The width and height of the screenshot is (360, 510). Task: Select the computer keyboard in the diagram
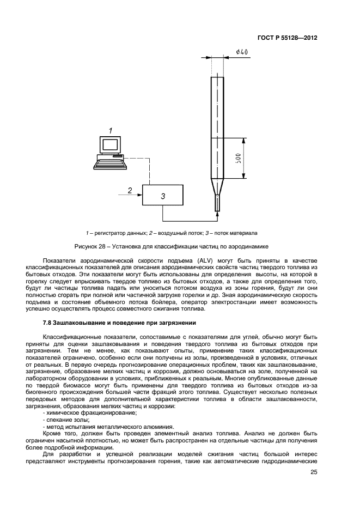tap(109, 159)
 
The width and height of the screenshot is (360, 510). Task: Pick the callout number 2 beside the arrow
tap(130, 190)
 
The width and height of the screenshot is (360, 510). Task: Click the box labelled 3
tap(162, 195)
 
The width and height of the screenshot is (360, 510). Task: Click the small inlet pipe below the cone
tap(217, 204)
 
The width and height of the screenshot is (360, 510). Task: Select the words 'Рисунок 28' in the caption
tap(91, 246)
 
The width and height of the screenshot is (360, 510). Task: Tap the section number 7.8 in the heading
tap(47, 324)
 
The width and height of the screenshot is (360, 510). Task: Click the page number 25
tap(314, 472)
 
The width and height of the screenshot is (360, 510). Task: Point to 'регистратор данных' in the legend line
tap(118, 233)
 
